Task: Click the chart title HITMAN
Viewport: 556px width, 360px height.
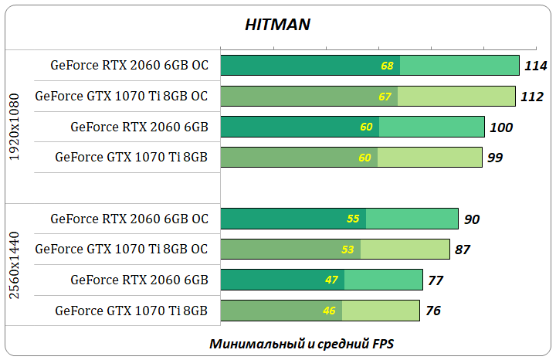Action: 277,25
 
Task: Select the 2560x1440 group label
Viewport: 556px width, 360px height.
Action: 15,265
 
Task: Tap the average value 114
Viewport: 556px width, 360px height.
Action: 535,66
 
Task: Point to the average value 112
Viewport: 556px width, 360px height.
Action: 531,97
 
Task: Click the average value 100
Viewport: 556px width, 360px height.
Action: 500,127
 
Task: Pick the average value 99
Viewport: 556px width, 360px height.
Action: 495,158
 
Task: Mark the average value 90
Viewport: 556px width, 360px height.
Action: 471,219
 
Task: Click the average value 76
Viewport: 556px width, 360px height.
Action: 432,311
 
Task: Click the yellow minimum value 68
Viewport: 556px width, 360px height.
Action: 388,66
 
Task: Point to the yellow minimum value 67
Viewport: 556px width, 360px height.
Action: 385,97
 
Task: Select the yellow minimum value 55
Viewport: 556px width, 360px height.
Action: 354,219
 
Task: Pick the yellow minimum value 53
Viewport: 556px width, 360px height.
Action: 348,250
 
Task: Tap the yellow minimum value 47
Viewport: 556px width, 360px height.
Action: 332,280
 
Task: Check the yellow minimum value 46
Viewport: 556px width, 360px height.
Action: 330,311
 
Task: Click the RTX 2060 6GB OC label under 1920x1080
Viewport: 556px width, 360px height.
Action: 129,65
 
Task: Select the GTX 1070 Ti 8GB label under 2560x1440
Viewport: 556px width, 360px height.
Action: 131,311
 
